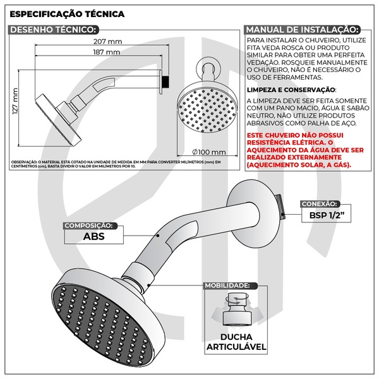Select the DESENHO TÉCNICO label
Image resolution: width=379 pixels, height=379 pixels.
(54, 29)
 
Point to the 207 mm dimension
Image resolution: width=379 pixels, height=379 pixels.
(111, 42)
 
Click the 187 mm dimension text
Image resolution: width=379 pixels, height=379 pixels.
(106, 52)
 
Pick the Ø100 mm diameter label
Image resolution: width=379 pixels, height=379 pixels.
(210, 152)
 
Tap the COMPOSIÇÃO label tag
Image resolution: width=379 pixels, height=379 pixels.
(89, 225)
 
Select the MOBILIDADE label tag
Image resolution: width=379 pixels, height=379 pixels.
(227, 286)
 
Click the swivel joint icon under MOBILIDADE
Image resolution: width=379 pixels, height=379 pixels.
(234, 309)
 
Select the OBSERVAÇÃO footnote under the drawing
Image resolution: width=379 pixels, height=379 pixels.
(116, 164)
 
